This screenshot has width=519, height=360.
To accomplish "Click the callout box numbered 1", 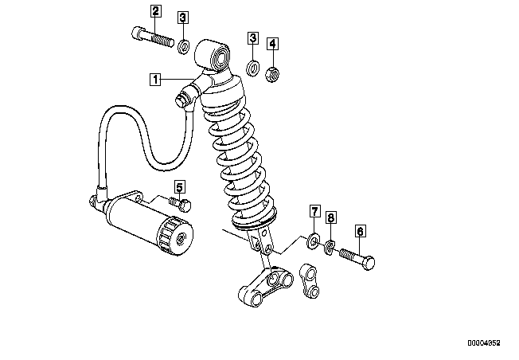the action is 155,80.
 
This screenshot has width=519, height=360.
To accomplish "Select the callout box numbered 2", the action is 155,11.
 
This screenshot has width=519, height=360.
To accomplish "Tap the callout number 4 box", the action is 272,43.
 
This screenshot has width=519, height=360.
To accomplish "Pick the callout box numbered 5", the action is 180,187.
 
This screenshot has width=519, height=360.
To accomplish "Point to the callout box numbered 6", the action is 361,231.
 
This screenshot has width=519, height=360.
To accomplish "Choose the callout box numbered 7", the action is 314,211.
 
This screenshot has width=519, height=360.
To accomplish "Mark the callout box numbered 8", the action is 331,217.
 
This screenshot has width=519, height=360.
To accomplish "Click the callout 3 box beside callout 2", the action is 183,18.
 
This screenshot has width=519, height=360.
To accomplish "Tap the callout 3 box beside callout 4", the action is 253,37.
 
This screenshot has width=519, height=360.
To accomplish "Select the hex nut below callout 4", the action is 272,74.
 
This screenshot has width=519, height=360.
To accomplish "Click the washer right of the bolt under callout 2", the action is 184,46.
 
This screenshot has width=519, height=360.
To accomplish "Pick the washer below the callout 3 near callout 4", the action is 253,68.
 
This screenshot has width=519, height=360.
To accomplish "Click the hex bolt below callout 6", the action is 357,258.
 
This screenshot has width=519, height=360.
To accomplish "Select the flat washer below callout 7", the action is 313,241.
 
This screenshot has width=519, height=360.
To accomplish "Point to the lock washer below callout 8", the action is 330,248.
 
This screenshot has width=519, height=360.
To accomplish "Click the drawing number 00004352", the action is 484,343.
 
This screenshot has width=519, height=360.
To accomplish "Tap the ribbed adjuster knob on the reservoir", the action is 175,236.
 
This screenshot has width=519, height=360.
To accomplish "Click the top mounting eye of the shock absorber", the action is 213,55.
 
